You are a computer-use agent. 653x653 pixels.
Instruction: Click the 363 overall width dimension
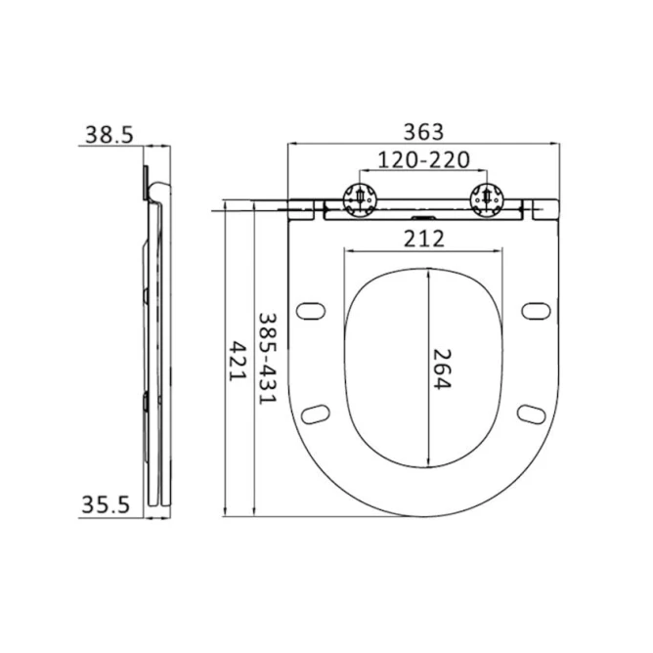click(x=424, y=131)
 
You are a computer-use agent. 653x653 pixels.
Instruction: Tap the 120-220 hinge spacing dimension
click(x=424, y=159)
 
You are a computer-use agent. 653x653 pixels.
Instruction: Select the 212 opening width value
click(x=424, y=238)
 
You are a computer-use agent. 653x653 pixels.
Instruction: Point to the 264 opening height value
click(x=442, y=370)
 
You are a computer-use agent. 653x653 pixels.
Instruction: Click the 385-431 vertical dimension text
click(x=266, y=359)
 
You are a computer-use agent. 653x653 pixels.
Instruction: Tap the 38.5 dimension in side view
click(x=108, y=136)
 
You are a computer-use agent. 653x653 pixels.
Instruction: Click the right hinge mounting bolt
click(x=487, y=197)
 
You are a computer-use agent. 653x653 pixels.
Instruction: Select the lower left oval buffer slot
click(x=317, y=414)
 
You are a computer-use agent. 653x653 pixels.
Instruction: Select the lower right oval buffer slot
click(x=531, y=414)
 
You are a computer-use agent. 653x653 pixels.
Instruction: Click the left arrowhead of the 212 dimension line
click(x=346, y=252)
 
